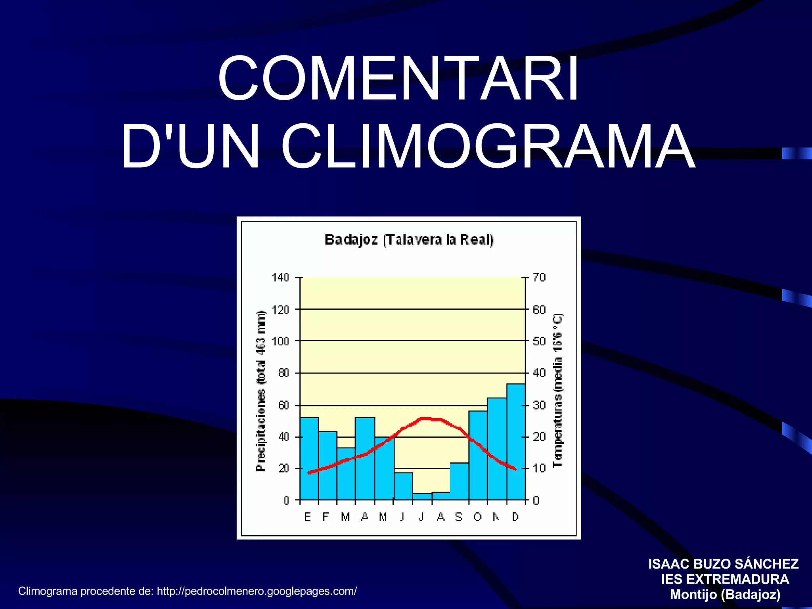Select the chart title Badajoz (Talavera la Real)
[409, 240]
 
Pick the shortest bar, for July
[422, 496]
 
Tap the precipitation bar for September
[459, 481]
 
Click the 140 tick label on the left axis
[280, 278]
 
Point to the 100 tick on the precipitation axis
[280, 341]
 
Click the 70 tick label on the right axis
[539, 278]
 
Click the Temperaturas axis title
[557, 391]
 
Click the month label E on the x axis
[307, 517]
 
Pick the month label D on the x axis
[515, 517]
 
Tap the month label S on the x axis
[459, 517]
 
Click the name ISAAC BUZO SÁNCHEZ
[724, 564]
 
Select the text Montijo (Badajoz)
[725, 595]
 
